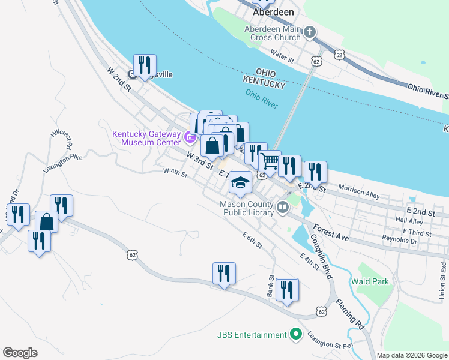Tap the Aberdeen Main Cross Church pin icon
pyautogui.click(x=310, y=32)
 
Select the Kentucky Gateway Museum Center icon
pyautogui.click(x=190, y=139)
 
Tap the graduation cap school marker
pyautogui.click(x=240, y=182)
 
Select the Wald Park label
pyautogui.click(x=371, y=281)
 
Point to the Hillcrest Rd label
pyautogui.click(x=62, y=138)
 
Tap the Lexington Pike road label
pyautogui.click(x=62, y=162)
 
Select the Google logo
pyautogui.click(x=20, y=353)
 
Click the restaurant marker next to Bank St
pyautogui.click(x=288, y=290)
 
